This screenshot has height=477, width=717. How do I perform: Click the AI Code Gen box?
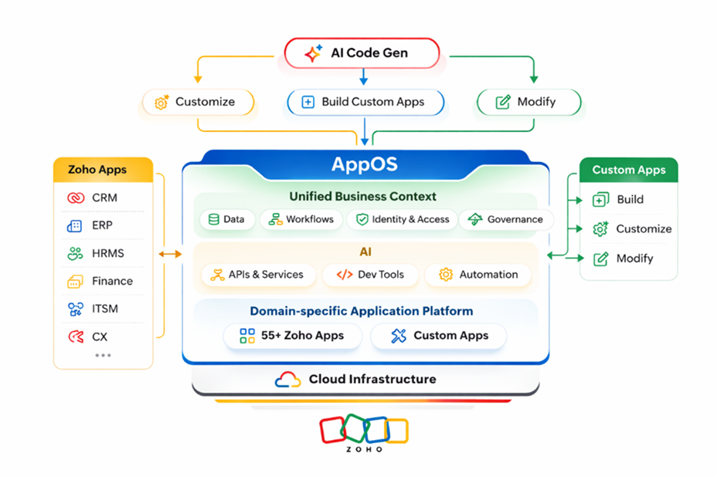(362, 53)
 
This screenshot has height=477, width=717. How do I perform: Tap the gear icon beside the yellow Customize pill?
(161, 102)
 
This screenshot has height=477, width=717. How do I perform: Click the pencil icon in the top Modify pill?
(503, 102)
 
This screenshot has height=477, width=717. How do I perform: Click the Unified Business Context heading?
(362, 197)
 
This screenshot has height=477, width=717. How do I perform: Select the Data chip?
(226, 219)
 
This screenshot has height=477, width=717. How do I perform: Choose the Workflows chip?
(301, 219)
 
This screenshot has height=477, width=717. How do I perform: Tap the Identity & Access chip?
(402, 219)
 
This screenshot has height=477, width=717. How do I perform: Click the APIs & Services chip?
(257, 274)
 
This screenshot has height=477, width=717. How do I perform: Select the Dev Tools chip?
(371, 274)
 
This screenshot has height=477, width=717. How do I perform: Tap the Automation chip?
(478, 274)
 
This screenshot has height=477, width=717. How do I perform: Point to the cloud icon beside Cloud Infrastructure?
(287, 380)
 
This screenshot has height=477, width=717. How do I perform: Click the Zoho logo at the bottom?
(363, 433)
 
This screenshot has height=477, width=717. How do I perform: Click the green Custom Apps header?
(628, 170)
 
